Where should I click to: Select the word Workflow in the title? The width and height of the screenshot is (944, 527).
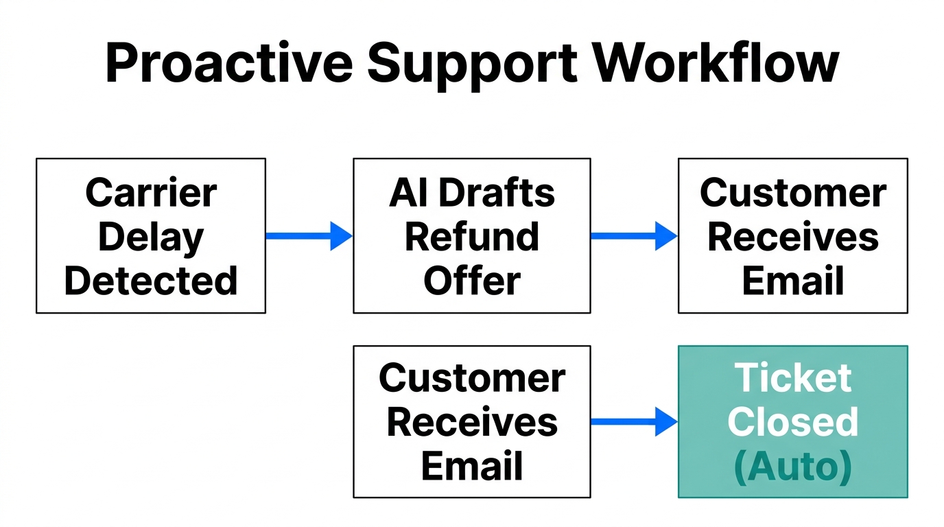click(x=716, y=62)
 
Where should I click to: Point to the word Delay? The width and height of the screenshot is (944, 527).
click(x=151, y=237)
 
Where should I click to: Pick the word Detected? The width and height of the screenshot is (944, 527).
click(x=151, y=281)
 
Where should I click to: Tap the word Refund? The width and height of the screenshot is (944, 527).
click(x=472, y=237)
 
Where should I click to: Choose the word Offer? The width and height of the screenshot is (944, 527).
click(x=472, y=281)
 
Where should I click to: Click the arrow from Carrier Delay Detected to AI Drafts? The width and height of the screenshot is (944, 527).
click(x=309, y=236)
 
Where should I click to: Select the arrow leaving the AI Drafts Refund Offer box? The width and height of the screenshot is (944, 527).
click(x=634, y=236)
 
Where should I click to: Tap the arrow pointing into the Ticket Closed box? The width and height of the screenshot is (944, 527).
click(x=634, y=422)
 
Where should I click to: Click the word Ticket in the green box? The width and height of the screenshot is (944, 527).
click(x=793, y=378)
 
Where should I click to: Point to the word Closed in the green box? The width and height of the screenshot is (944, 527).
click(x=793, y=422)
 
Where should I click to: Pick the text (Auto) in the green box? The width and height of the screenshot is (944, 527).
click(x=793, y=466)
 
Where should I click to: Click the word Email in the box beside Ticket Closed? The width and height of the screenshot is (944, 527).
click(x=472, y=466)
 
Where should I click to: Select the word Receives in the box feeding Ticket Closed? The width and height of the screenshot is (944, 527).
click(x=472, y=422)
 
